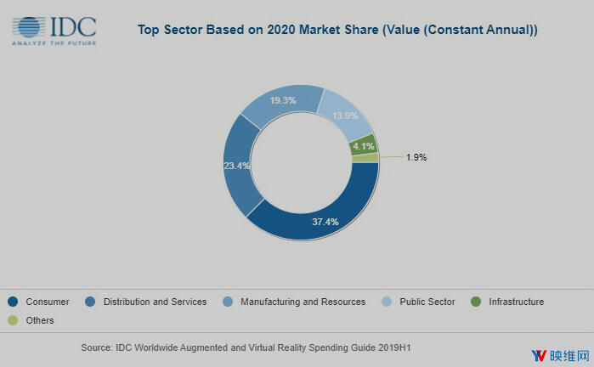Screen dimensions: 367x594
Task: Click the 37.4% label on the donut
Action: pos(325,222)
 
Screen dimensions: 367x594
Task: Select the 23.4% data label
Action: pos(236,166)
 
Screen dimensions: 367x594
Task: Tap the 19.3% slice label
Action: pos(283,100)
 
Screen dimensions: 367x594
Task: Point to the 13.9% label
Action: pos(345,115)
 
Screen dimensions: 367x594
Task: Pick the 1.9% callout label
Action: pos(416,156)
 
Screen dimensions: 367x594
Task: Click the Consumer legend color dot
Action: pos(13,302)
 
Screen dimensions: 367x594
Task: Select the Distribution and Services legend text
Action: pos(155,302)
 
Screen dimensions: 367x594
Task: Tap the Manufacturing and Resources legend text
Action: pos(303,302)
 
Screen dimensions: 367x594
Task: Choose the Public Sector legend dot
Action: pos(387,302)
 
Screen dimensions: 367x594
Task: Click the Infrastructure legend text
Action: pos(516,302)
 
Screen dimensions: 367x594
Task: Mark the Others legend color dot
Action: pos(13,320)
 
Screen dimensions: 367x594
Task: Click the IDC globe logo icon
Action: pos(31,27)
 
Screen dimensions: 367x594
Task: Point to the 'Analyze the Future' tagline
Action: pos(54,42)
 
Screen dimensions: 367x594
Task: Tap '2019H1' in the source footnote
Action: pos(392,348)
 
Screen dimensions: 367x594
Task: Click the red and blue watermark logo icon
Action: pos(539,355)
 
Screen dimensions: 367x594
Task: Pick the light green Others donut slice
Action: pos(365,158)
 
